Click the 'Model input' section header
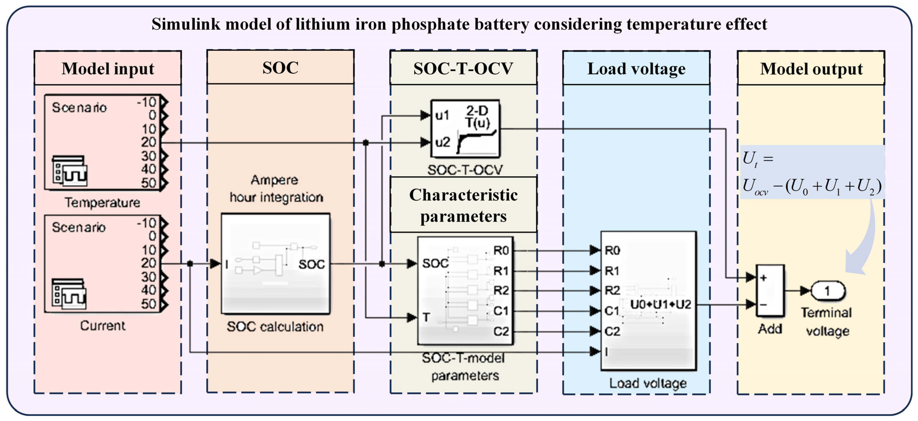[x=108, y=68]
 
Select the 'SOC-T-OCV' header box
[x=463, y=68]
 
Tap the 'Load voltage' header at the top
[x=636, y=68]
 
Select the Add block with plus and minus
[x=770, y=291]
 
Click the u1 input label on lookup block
[x=442, y=115]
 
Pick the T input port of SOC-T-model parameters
[x=426, y=317]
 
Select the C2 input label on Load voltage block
[x=612, y=331]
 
